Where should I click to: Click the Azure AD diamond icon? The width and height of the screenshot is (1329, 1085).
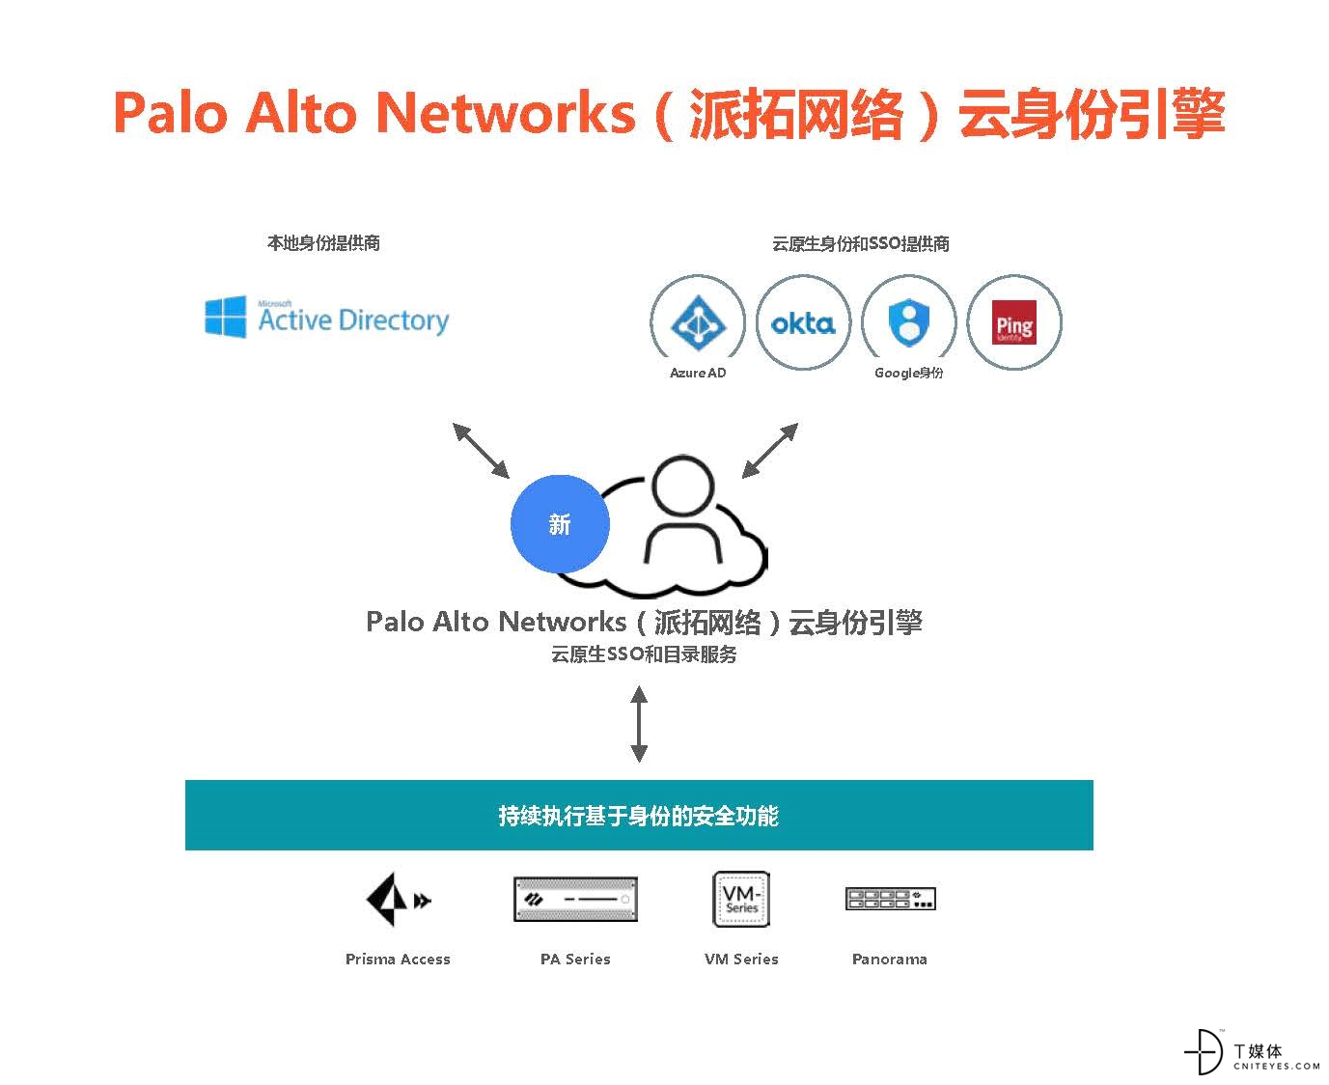tap(698, 322)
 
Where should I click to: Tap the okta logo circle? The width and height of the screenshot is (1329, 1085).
tap(802, 322)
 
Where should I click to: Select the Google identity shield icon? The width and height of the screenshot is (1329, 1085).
tap(908, 322)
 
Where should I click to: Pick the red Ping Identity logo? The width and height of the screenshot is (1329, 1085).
tap(1013, 322)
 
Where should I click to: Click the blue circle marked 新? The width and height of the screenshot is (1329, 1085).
tap(560, 523)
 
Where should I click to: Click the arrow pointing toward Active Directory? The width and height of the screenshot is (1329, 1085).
tap(481, 450)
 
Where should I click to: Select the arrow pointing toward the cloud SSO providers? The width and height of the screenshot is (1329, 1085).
tap(769, 450)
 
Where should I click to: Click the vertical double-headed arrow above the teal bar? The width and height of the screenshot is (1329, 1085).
tap(638, 723)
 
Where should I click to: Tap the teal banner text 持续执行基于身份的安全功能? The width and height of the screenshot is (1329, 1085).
tap(638, 815)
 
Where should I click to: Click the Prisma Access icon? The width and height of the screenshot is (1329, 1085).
tap(398, 899)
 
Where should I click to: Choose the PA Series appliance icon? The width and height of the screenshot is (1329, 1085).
tap(574, 899)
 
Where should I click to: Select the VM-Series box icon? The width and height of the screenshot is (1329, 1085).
tap(740, 899)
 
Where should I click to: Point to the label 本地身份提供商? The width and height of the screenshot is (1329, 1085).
tap(323, 242)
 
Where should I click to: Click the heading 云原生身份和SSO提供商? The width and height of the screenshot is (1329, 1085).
tap(860, 243)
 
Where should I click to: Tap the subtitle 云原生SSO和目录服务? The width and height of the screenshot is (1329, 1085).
tap(644, 654)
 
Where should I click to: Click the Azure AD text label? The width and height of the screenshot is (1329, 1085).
tap(698, 373)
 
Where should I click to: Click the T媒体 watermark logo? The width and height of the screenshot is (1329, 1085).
tap(1251, 1051)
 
